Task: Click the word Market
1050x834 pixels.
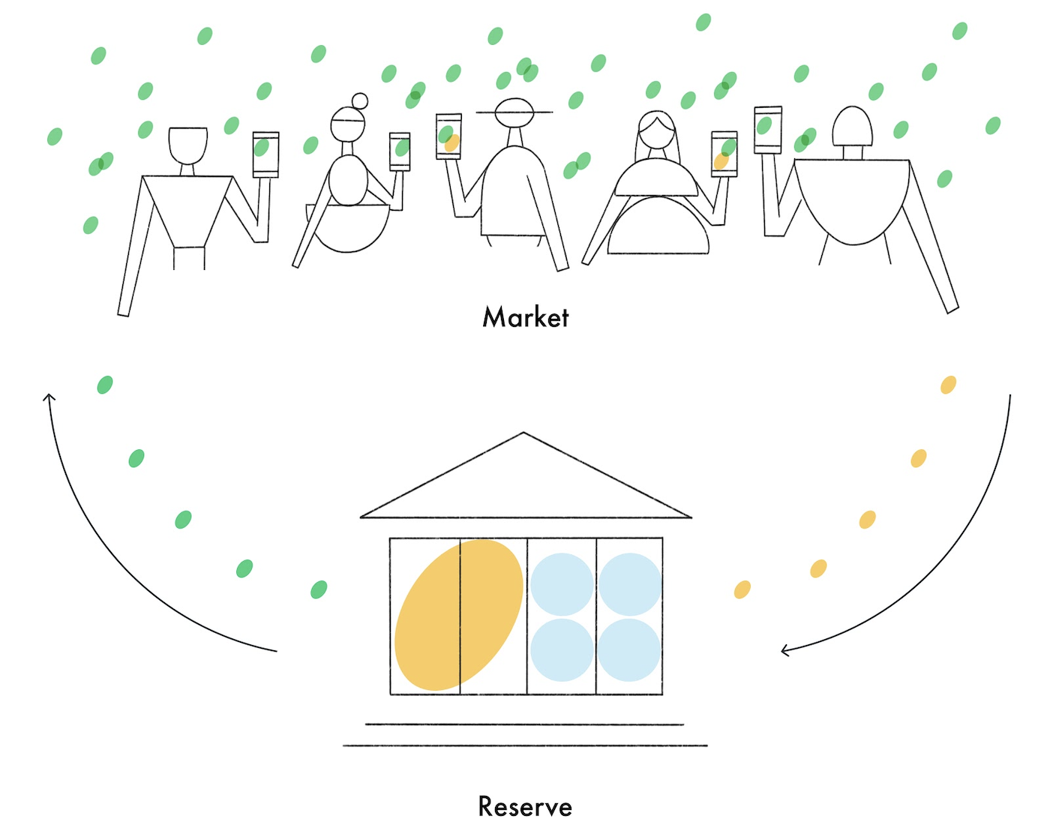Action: coord(525,317)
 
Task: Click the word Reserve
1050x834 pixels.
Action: coord(525,807)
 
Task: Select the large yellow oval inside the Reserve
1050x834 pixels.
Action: coord(458,614)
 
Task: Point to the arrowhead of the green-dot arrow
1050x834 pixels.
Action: coord(49,397)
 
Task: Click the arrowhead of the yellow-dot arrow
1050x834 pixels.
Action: coord(784,650)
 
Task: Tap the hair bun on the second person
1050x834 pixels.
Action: coord(360,100)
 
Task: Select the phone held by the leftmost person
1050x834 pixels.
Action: coord(265,154)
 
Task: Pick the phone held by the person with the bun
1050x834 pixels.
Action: coord(400,151)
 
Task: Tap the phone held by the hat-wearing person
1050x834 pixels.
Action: coord(448,136)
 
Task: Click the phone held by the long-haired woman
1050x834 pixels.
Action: coord(724,154)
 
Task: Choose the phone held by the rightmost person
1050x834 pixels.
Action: coord(767,130)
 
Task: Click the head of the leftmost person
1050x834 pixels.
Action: coord(187,145)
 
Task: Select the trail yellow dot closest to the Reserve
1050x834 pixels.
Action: coord(742,589)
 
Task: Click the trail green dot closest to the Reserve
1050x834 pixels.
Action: coord(319,589)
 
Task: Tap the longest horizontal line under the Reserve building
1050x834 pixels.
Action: coord(525,745)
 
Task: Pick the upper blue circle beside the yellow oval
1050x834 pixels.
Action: coord(562,583)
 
